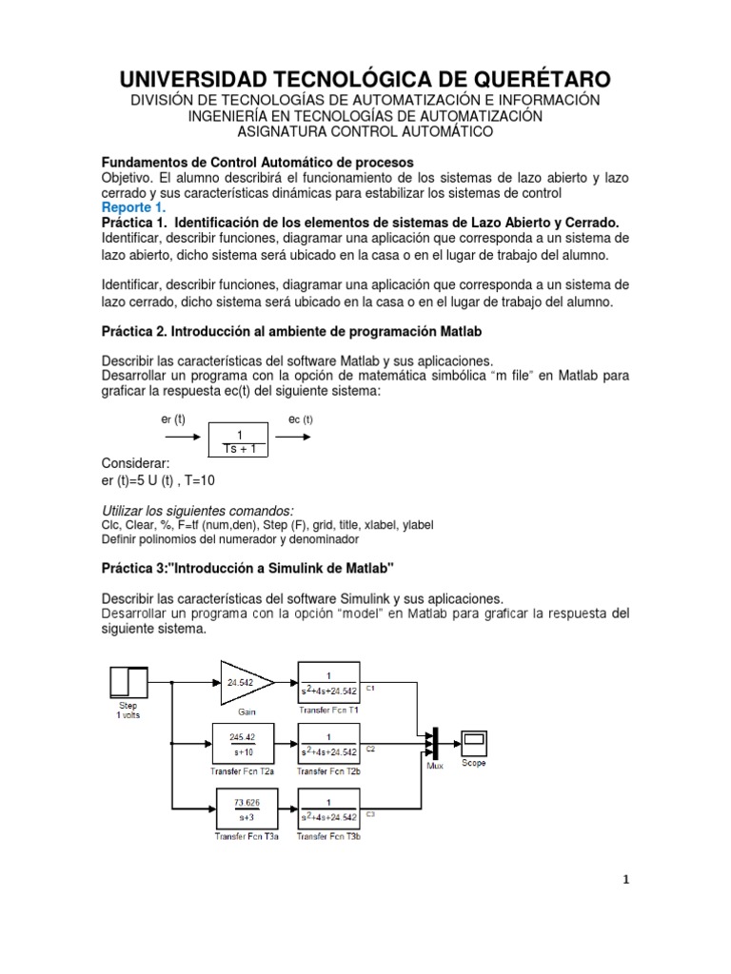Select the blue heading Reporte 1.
click(x=133, y=206)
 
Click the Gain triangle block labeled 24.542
click(x=242, y=681)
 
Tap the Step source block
click(x=130, y=682)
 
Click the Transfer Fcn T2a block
click(x=245, y=742)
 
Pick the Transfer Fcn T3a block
click(x=245, y=808)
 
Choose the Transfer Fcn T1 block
click(x=328, y=681)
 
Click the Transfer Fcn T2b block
click(x=328, y=742)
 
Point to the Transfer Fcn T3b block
click(x=328, y=808)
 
